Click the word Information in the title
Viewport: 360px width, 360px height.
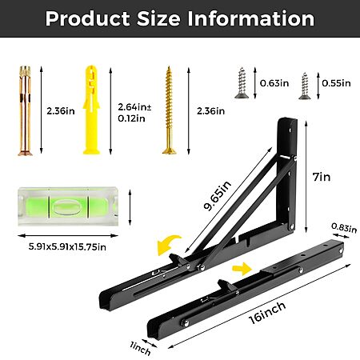251,18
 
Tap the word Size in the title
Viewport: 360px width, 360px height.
158,18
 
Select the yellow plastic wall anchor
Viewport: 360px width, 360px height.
91,110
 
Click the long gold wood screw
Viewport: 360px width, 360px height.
169,110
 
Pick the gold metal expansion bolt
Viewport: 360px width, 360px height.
25,111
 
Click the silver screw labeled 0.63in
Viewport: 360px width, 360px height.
242,83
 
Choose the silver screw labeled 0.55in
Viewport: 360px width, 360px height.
304,86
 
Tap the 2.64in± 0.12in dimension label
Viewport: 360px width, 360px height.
134,113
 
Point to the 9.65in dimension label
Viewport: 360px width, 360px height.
217,195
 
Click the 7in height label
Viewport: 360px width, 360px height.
322,177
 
